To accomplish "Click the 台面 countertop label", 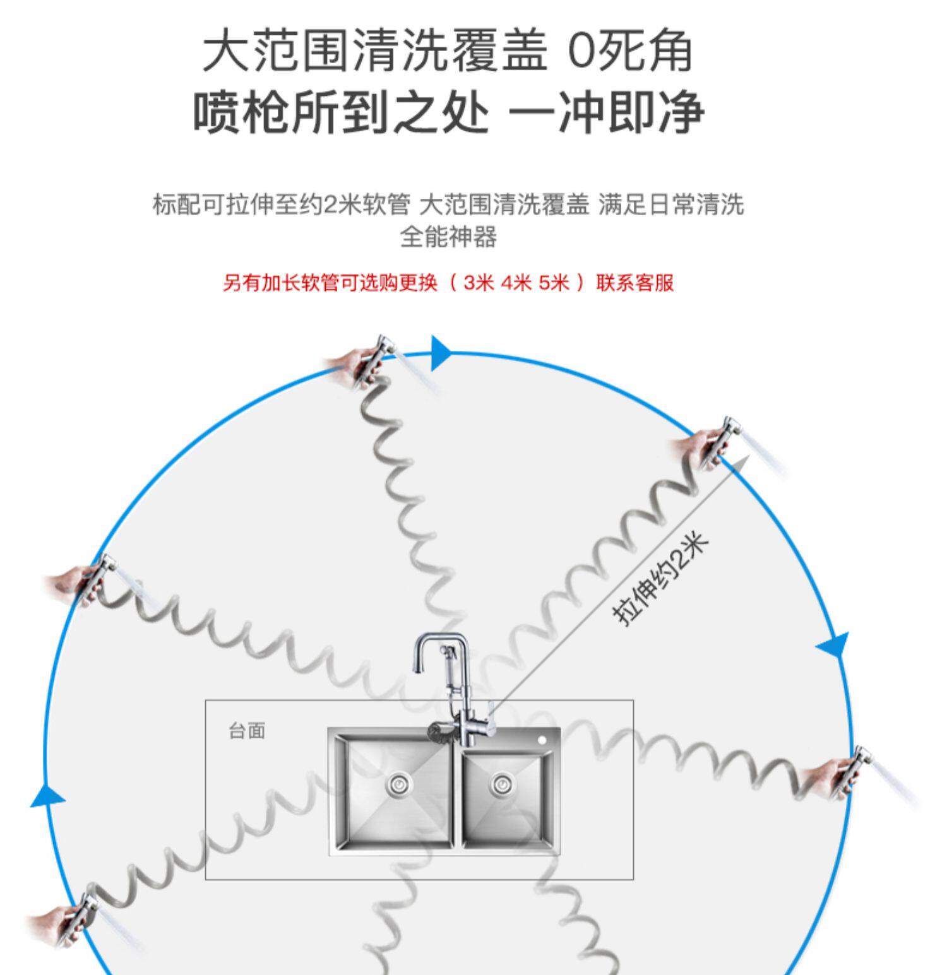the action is coord(247,731).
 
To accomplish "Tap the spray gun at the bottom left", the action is coord(79,916).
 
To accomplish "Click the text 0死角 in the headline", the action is coord(629,52).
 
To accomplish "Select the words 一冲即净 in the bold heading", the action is coord(606,114).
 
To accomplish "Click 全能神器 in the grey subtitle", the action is coord(448,237).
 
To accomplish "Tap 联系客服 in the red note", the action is coord(635,283).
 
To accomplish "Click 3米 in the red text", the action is coord(478,283).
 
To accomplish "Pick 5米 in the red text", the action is coord(554,283).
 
